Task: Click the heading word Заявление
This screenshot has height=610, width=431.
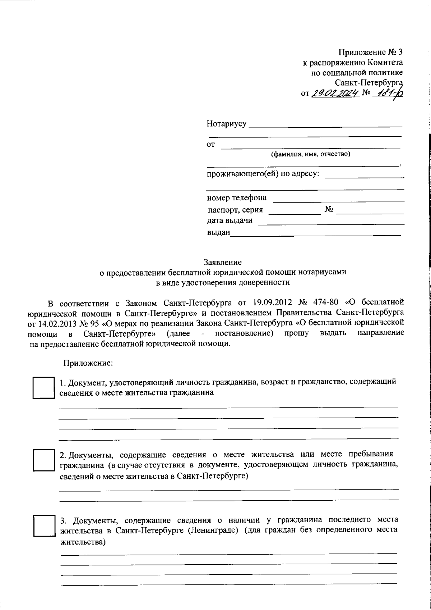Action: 222,262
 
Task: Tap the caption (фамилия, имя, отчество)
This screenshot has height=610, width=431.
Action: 311,154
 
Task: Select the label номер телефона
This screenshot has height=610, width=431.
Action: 237,198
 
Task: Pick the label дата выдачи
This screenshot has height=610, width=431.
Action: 230,220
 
